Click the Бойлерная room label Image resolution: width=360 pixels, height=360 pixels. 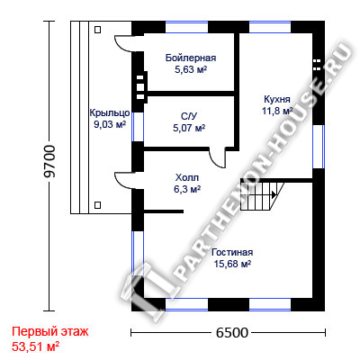coord(191,58)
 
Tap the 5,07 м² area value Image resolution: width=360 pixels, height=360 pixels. coord(189,129)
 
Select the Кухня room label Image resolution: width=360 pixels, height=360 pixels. coord(277,99)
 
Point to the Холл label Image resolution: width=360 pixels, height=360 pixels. coord(187,178)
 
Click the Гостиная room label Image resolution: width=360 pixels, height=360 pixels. coord(232,252)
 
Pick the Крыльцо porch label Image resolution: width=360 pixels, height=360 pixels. coord(110,113)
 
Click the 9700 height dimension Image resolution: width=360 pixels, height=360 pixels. coord(49,161)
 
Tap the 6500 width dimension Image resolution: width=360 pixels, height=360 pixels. coord(232,332)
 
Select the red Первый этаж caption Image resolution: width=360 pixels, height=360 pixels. coord(50,332)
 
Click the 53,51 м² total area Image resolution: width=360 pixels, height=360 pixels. coord(35,346)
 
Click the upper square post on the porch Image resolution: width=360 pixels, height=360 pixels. coord(97,30)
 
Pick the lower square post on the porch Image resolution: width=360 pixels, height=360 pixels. coord(97,205)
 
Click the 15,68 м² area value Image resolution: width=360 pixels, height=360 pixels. coord(232,265)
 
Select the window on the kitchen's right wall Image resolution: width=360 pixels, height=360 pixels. coord(319,147)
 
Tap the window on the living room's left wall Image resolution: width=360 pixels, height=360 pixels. coord(138,265)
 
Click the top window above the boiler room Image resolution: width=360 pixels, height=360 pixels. coord(186,27)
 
